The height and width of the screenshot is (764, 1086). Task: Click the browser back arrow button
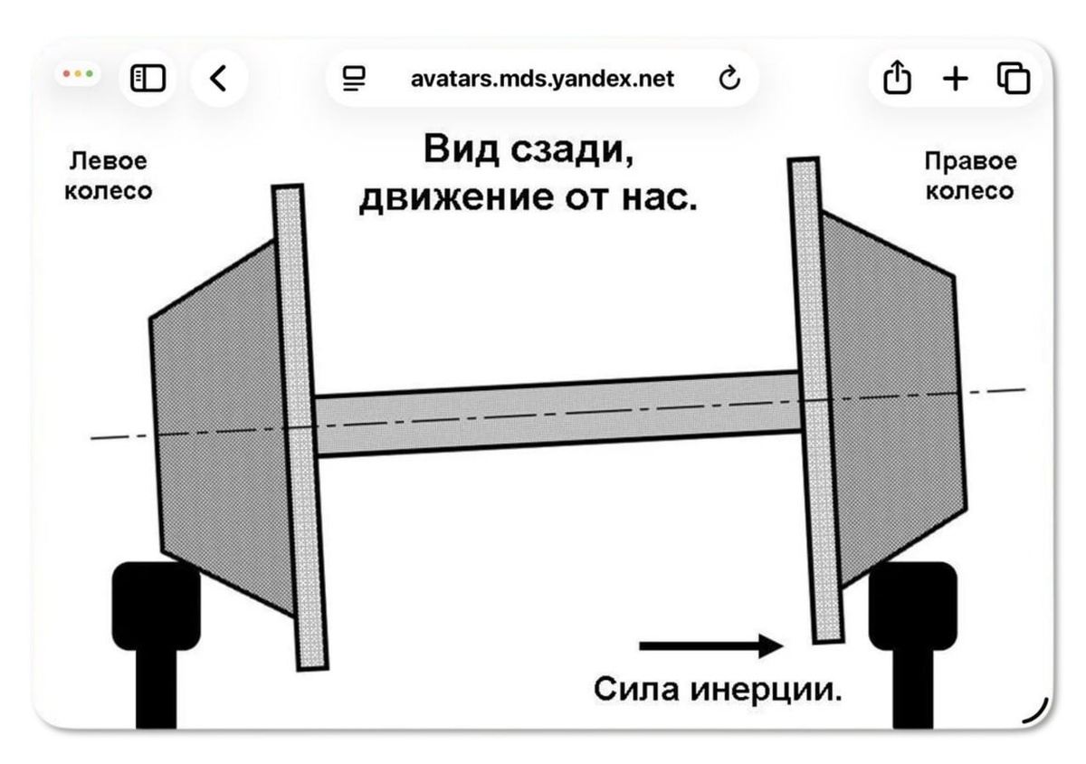[x=218, y=80]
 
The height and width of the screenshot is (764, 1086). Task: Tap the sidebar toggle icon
[x=148, y=79]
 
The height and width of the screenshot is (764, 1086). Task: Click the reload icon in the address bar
[x=729, y=80]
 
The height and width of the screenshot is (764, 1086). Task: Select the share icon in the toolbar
[x=896, y=79]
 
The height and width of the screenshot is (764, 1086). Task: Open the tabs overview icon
[x=1014, y=79]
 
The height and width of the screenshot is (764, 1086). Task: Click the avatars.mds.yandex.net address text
[x=542, y=80]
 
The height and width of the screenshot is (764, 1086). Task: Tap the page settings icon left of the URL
[x=353, y=80]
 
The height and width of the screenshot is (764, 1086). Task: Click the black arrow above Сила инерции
[x=710, y=646]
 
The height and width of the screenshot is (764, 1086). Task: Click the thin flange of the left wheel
[x=300, y=425]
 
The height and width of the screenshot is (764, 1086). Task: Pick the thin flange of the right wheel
[x=814, y=398]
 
